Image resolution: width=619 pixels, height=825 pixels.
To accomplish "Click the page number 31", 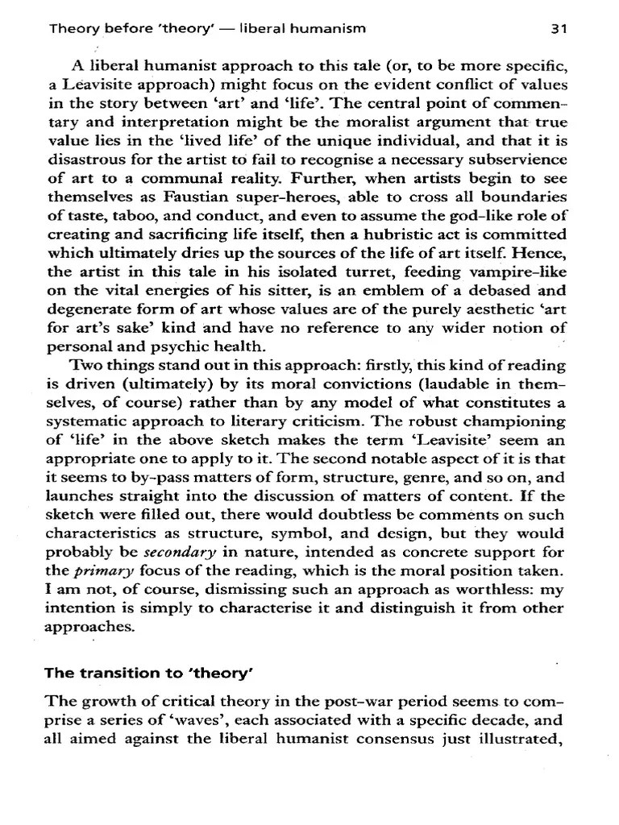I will click(559, 29).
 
